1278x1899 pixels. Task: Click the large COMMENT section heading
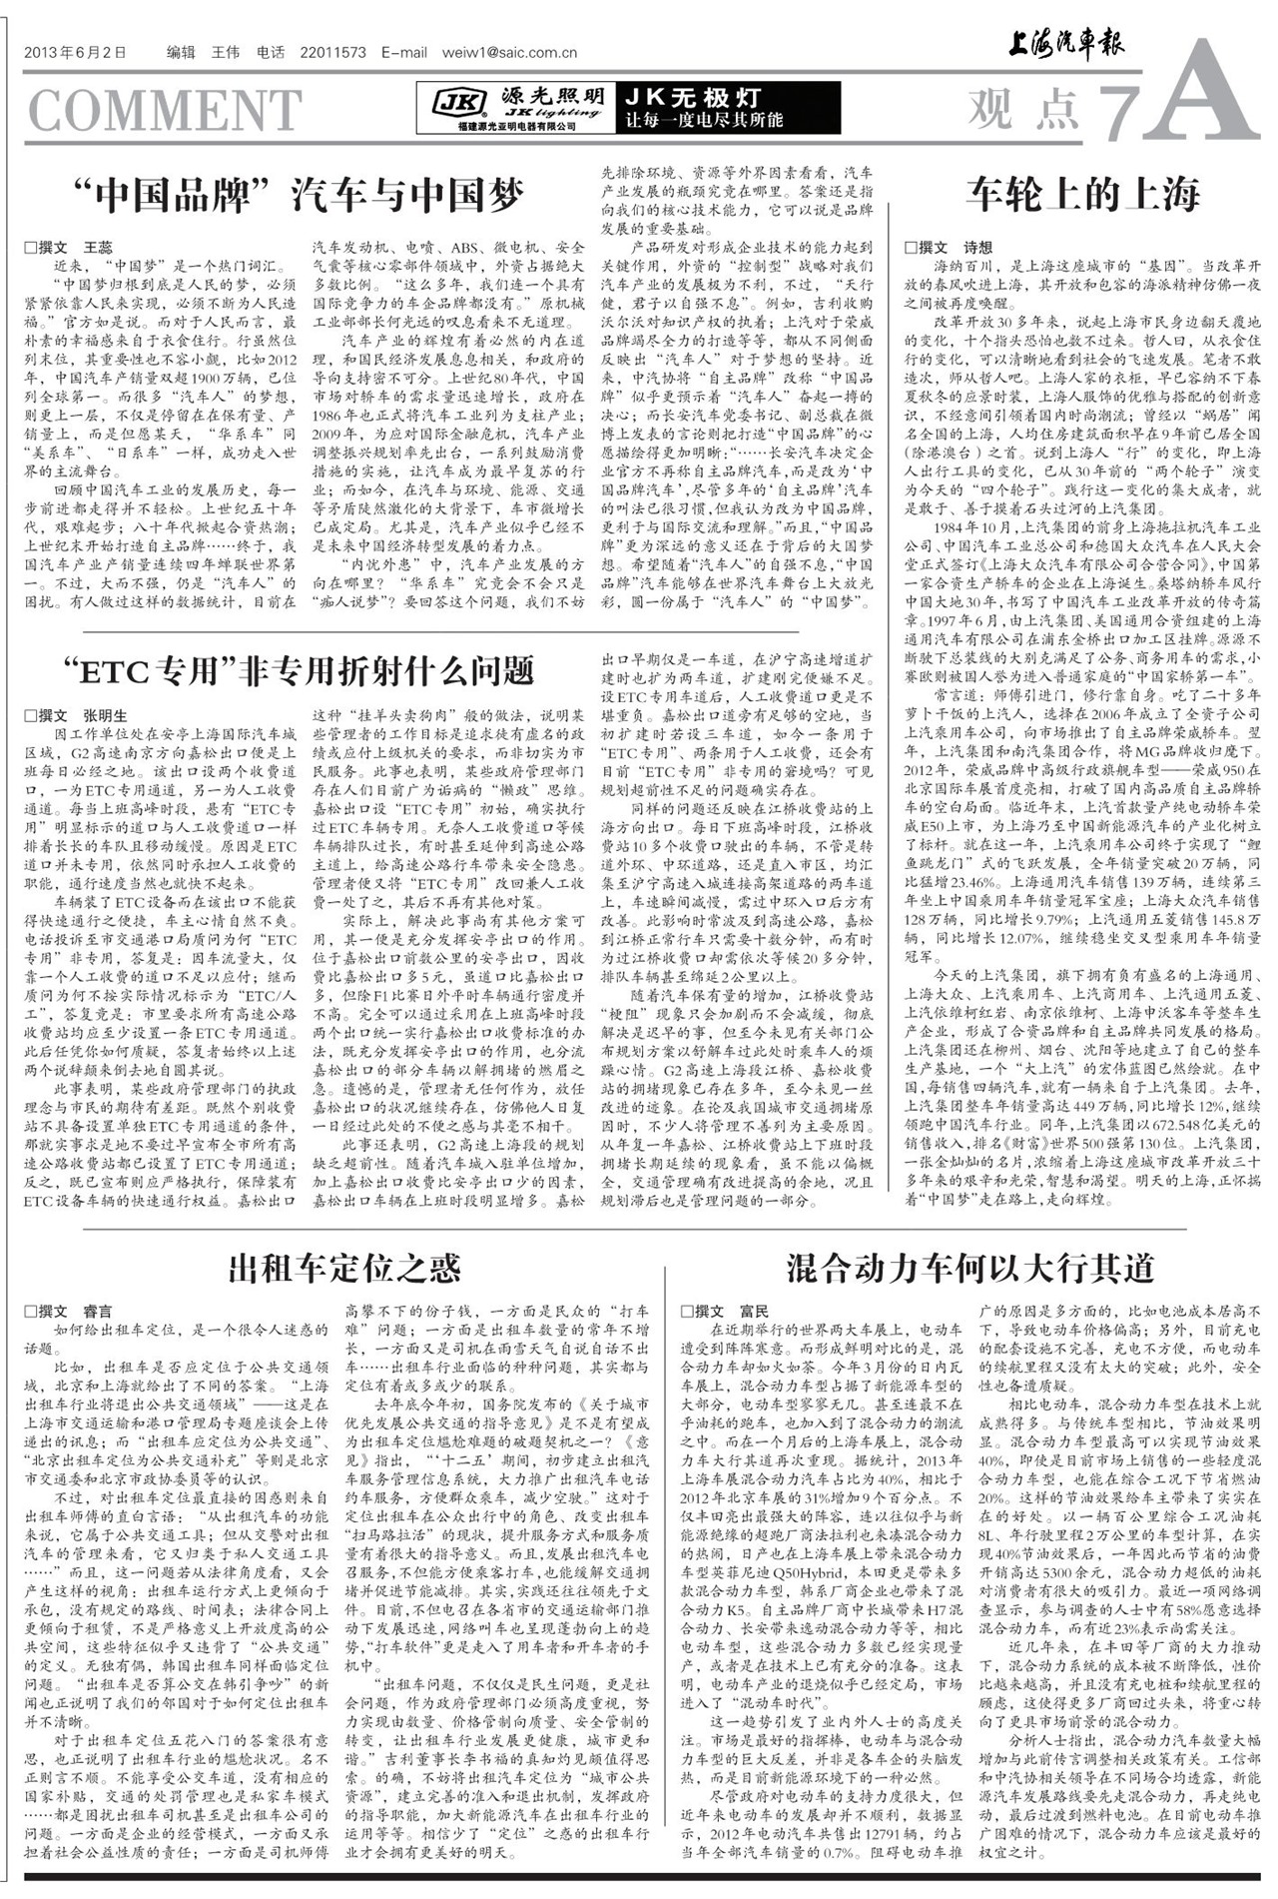point(165,110)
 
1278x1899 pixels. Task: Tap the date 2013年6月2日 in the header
point(75,53)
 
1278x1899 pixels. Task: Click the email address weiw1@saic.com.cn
point(509,53)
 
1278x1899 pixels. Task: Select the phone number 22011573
point(333,53)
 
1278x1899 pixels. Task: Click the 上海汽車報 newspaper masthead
point(1064,46)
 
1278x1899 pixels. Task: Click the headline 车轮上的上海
point(1082,193)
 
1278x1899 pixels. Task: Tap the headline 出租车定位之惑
point(344,1268)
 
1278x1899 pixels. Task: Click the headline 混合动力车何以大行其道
point(969,1268)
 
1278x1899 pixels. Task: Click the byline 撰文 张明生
point(76,715)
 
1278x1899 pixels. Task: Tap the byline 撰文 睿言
point(69,1311)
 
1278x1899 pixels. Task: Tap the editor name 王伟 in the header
point(225,53)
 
